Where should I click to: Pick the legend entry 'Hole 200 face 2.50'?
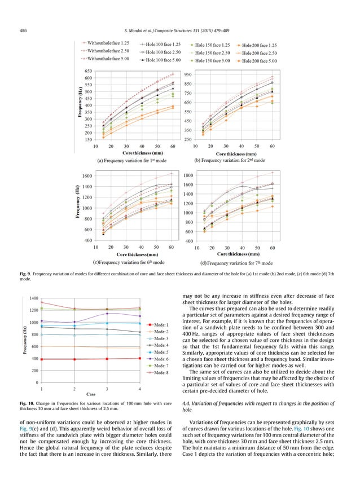pyautogui.click(x=258, y=51)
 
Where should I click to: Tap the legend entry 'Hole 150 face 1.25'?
pyautogui.click(x=211, y=44)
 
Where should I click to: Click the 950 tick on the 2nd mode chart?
pyautogui.click(x=187, y=75)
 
